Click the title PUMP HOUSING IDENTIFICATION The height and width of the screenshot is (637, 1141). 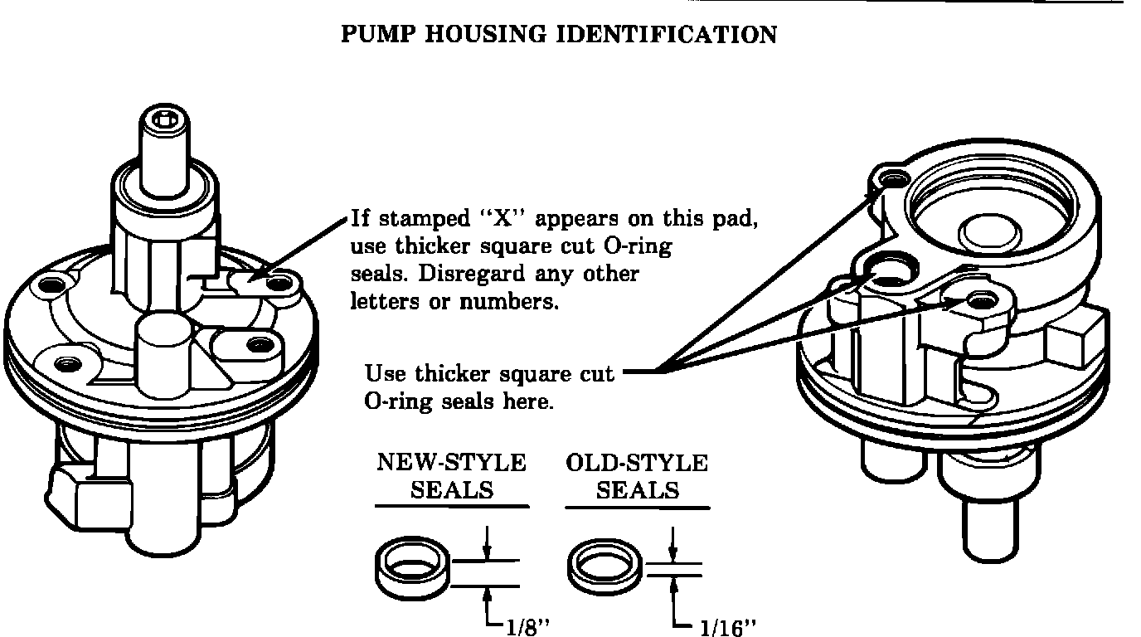pyautogui.click(x=560, y=35)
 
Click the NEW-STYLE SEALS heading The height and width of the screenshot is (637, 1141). pyautogui.click(x=452, y=475)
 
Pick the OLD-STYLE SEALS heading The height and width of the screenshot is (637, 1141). pyautogui.click(x=637, y=475)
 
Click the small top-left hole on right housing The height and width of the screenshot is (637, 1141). pyautogui.click(x=891, y=177)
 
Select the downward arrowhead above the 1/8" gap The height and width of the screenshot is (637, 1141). pyautogui.click(x=488, y=552)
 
